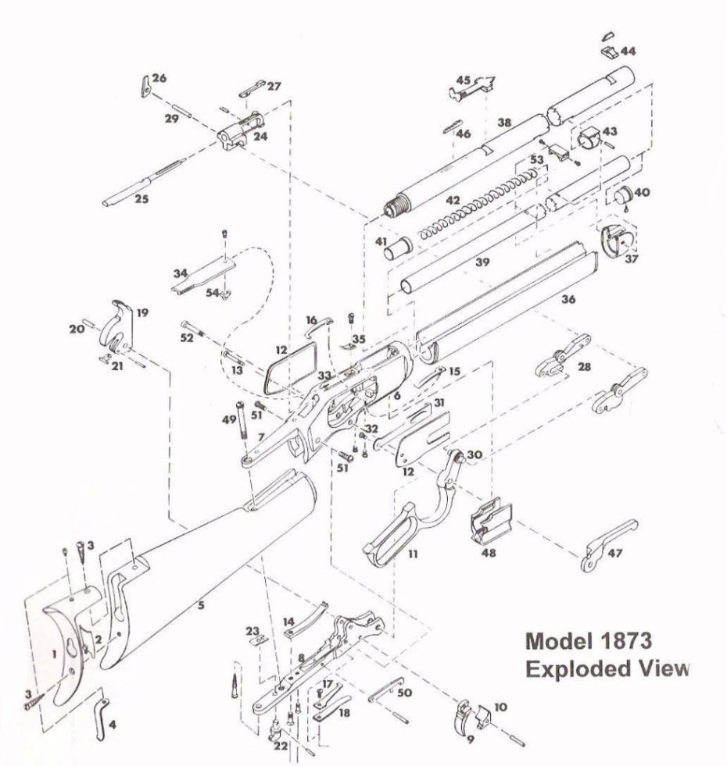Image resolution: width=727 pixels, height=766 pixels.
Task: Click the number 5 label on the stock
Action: click(202, 605)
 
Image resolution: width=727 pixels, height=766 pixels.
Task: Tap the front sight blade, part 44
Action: click(608, 52)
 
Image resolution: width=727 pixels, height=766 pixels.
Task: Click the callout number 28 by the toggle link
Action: click(583, 367)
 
